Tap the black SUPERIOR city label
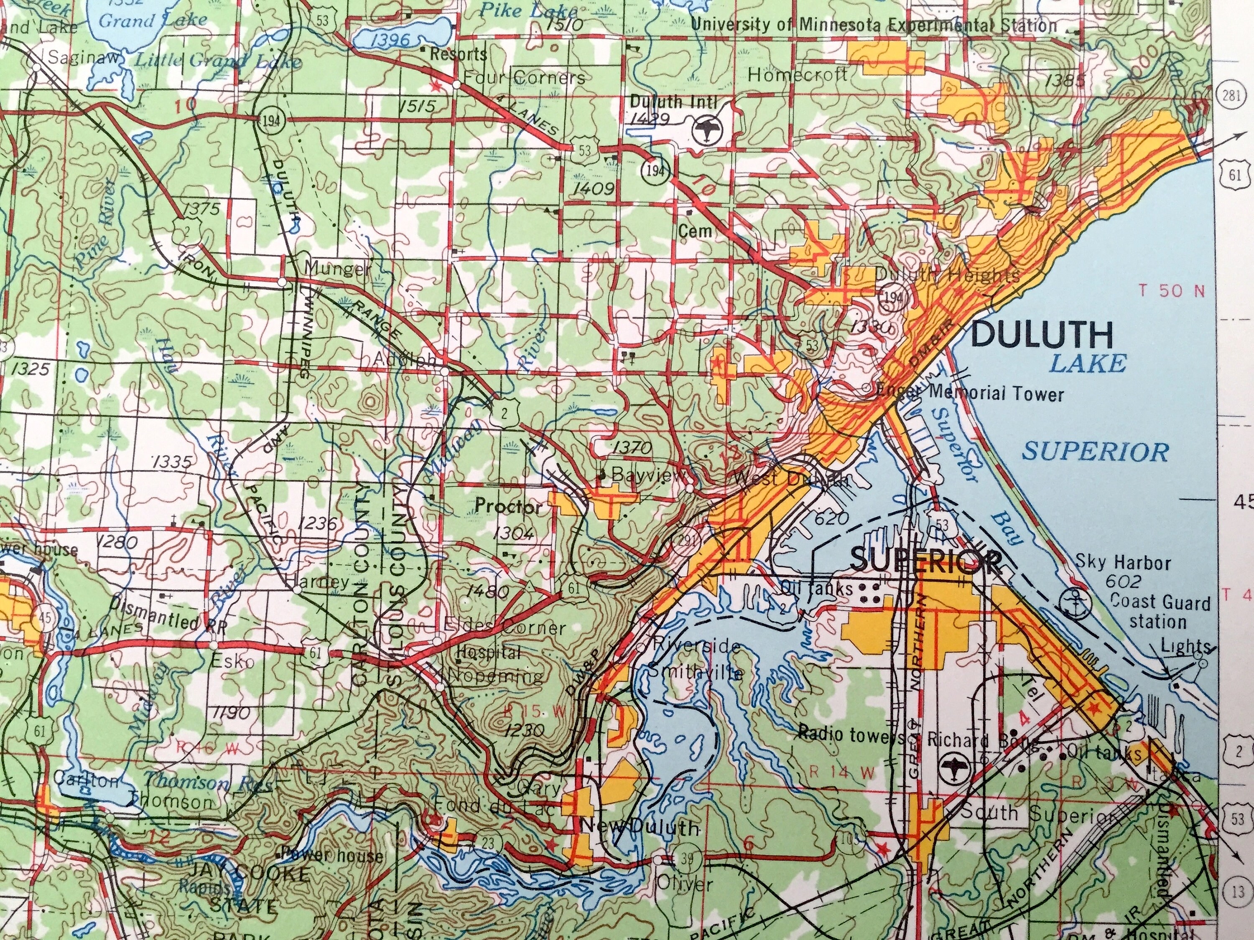(926, 561)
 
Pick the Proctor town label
(509, 506)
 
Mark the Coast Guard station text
(1160, 611)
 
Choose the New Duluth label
(641, 828)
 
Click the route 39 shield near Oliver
(686, 859)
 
